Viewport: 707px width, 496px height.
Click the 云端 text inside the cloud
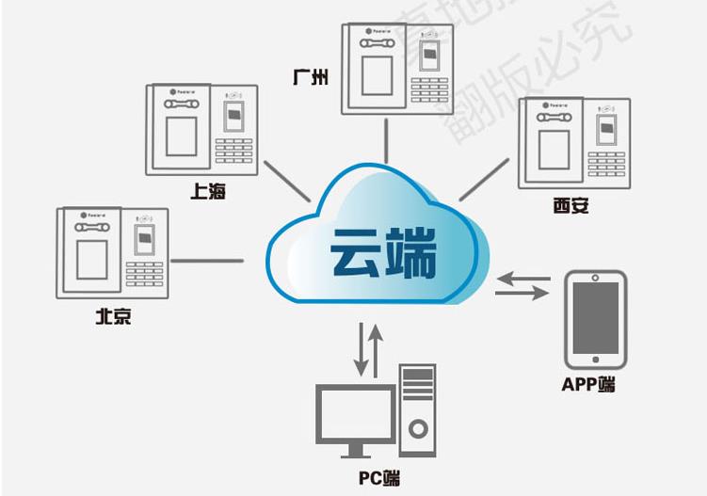point(383,253)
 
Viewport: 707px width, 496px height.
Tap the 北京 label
point(113,316)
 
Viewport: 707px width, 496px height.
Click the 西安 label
point(571,205)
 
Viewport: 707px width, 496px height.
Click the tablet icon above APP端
point(595,318)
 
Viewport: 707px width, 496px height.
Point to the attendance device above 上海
point(201,129)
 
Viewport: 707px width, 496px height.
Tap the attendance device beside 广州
point(395,69)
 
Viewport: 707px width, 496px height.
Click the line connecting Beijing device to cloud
point(207,260)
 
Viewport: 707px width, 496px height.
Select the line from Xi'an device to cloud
point(484,179)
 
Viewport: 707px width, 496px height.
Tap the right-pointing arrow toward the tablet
point(521,296)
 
